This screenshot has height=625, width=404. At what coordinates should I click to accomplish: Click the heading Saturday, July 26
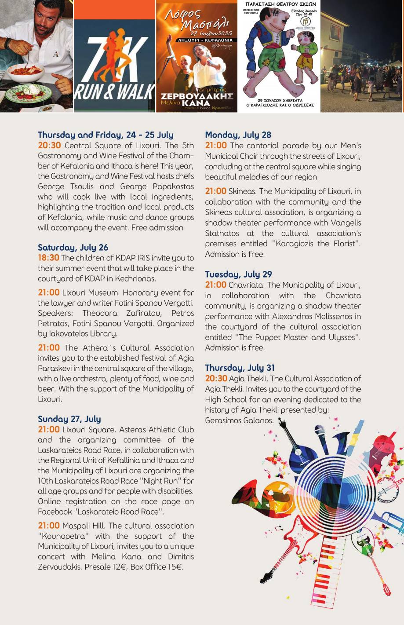pyautogui.click(x=73, y=248)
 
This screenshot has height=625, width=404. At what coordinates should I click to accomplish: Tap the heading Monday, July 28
pyautogui.click(x=238, y=135)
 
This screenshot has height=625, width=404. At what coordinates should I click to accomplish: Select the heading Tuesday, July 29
pyautogui.click(x=238, y=274)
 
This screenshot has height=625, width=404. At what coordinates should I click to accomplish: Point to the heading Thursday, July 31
pyautogui.click(x=240, y=368)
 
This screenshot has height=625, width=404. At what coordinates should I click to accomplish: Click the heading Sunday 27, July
pyautogui.click(x=69, y=419)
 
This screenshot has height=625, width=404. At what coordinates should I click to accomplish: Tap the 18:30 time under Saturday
pyautogui.click(x=48, y=258)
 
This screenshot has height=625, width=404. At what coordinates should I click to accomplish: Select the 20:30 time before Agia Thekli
pyautogui.click(x=216, y=379)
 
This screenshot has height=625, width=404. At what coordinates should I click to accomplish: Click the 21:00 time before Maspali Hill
pyautogui.click(x=48, y=526)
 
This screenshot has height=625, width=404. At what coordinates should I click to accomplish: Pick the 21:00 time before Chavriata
pyautogui.click(x=215, y=285)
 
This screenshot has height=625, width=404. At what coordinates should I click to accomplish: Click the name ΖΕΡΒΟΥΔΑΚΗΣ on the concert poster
pyautogui.click(x=197, y=96)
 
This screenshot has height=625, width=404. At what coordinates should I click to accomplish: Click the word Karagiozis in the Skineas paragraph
pyautogui.click(x=302, y=244)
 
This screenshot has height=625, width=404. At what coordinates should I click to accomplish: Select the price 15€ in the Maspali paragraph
pyautogui.click(x=175, y=567)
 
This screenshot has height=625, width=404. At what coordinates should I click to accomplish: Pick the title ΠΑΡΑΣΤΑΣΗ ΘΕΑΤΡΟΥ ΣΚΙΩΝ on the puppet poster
pyautogui.click(x=280, y=4)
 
